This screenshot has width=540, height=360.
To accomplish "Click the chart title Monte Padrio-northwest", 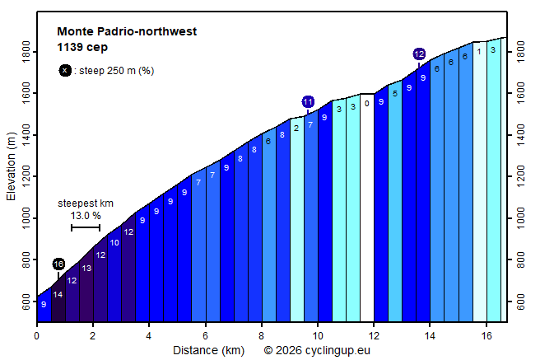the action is point(127,31).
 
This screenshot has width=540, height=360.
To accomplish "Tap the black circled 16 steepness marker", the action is point(58,264).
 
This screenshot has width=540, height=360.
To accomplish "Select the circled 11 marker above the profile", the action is point(308,102).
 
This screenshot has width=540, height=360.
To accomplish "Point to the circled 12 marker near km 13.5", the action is point(419,54).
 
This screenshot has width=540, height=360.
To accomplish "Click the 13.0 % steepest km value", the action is point(86,216).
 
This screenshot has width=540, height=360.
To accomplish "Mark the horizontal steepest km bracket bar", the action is point(86,227).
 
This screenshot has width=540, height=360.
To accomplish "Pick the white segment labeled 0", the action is point(367,208).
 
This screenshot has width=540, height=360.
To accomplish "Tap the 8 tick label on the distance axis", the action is point(262,336).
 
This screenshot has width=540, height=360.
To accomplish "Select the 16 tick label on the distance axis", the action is point(486,336).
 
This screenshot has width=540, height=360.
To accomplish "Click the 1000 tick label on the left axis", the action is point(26,218).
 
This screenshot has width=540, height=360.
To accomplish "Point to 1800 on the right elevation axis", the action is point(520,52).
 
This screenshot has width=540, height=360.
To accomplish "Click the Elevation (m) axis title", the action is point(11,166).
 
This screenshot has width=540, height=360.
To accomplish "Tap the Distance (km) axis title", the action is point(209,350).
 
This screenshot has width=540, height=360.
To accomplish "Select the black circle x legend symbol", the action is point(65,71).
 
